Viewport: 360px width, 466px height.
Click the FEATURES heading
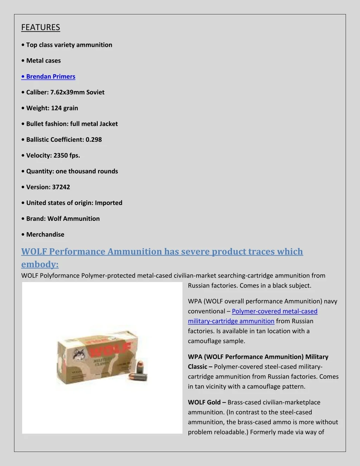(x=40, y=27)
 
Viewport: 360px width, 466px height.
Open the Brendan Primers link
(x=51, y=77)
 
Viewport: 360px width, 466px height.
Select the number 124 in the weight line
(x=56, y=108)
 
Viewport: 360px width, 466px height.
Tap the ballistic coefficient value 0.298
(x=94, y=140)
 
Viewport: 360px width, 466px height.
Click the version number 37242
(x=61, y=187)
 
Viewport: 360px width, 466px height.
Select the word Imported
(x=109, y=203)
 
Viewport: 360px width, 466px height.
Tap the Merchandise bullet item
(x=45, y=235)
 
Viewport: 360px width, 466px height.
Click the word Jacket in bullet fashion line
(x=108, y=124)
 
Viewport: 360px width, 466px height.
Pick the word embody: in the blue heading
(x=40, y=264)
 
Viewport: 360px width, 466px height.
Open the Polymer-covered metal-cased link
(x=275, y=311)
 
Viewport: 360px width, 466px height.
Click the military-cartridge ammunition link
(x=231, y=321)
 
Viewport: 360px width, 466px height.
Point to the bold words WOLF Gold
(x=204, y=402)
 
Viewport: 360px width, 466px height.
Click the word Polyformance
(x=60, y=275)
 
